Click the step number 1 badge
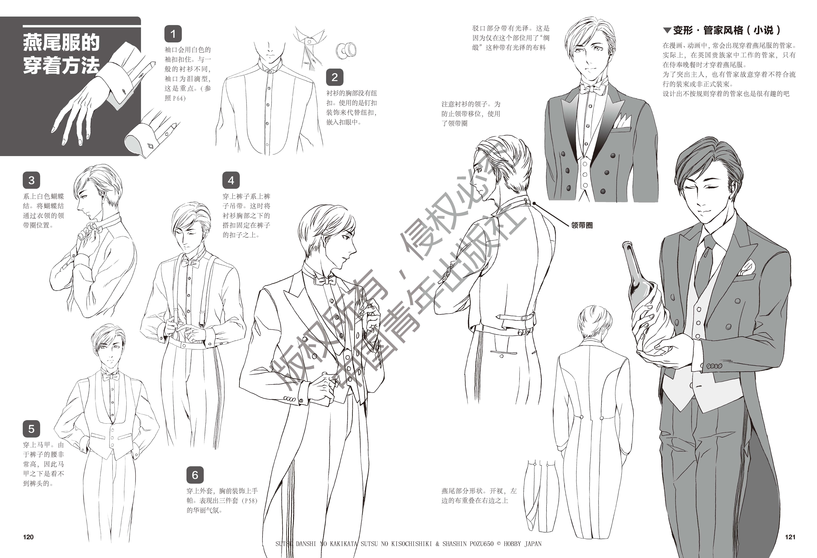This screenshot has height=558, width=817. point(173,34)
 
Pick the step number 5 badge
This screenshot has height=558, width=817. point(31,429)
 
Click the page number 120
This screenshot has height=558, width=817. point(28,537)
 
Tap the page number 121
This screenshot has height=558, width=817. point(790,537)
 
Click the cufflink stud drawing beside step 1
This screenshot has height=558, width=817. point(346,50)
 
